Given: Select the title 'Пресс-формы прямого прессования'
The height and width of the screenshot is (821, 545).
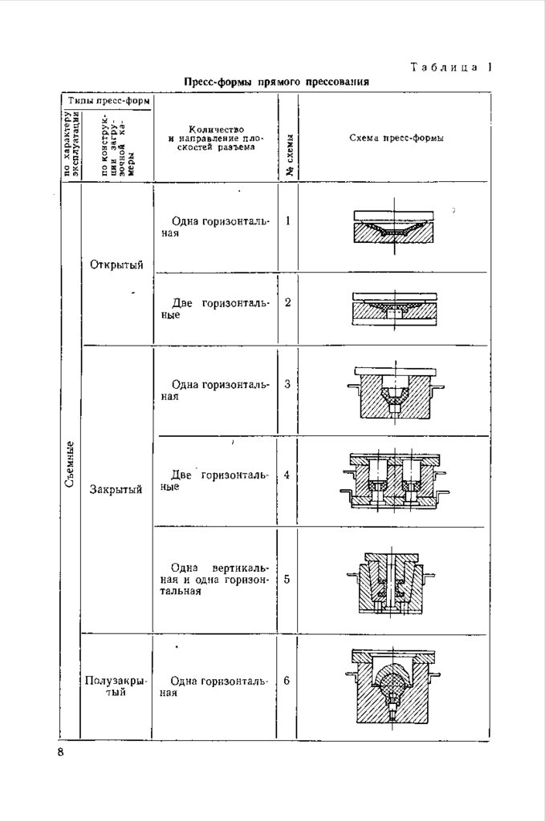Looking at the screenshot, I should coord(276,82).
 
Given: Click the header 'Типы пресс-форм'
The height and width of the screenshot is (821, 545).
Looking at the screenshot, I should coord(108,102).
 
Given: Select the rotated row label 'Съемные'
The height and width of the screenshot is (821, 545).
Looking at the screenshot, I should coord(71,466).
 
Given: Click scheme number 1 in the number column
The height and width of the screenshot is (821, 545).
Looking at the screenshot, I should coord(287,220).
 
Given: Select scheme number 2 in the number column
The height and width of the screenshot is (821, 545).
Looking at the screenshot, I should coord(287,302).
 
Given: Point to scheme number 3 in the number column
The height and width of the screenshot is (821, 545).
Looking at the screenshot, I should coord(287,384).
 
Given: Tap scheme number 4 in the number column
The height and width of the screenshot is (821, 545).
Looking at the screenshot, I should coord(287,475).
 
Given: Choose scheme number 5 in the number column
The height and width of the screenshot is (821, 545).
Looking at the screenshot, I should coord(287,578).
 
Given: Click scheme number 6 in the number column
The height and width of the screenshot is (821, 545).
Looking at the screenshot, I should coord(287,681).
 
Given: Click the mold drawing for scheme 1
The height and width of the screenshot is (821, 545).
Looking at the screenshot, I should coord(393,229).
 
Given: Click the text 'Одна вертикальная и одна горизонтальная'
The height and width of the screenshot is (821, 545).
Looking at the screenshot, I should coord(215,579).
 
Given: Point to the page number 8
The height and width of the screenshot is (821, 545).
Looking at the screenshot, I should coord(60,752).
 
